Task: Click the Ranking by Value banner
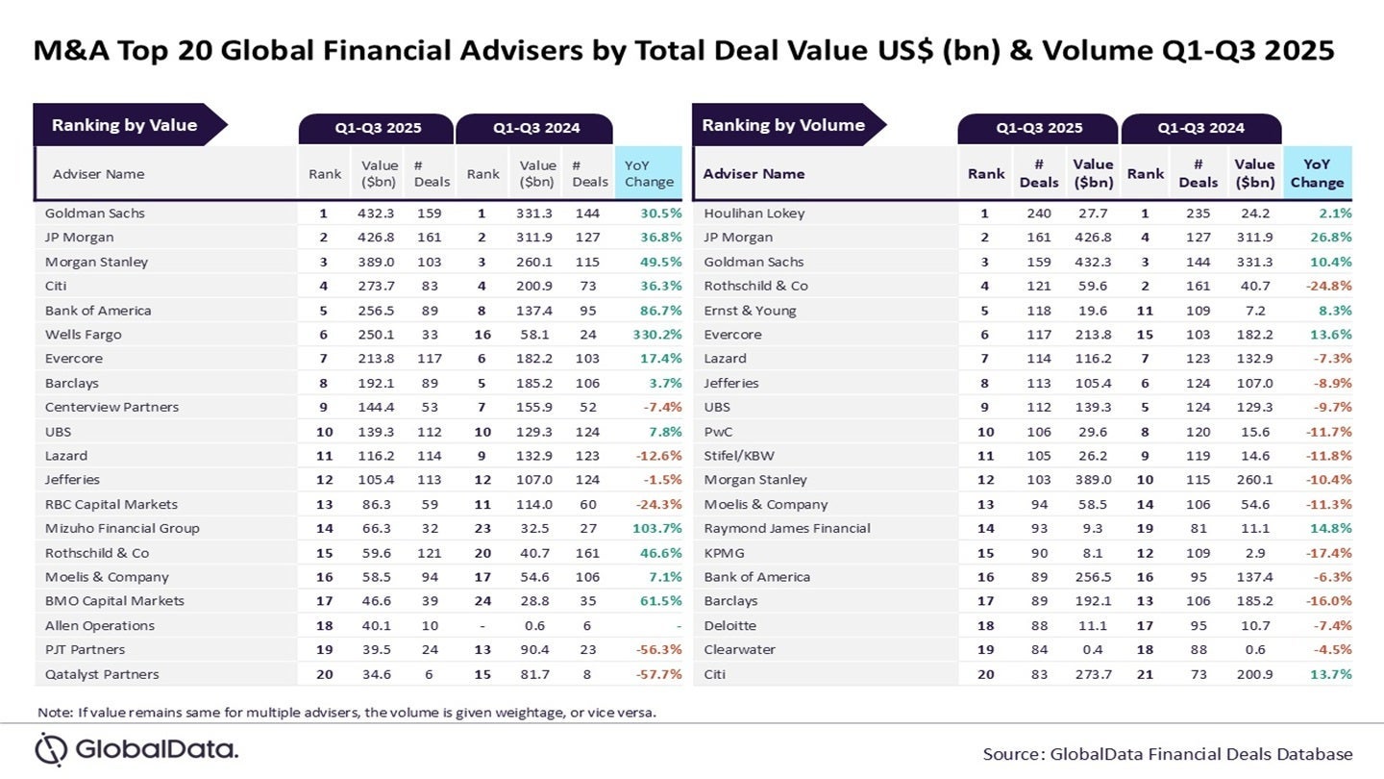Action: (x=124, y=125)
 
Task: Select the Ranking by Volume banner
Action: (x=783, y=125)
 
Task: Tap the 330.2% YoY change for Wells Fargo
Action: (x=654, y=335)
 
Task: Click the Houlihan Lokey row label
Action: (x=754, y=214)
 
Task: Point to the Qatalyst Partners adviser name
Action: (x=102, y=674)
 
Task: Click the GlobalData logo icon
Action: (x=52, y=749)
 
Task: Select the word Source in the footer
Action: (x=1012, y=754)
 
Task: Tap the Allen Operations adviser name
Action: (x=100, y=625)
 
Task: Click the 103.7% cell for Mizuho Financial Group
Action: (x=654, y=528)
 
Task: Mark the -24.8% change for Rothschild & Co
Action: (x=1328, y=286)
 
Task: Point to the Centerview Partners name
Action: (x=111, y=407)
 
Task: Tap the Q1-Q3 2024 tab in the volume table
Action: (x=1200, y=128)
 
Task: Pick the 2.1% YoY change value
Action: (x=1335, y=214)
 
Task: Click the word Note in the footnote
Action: (x=54, y=713)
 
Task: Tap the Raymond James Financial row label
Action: (x=786, y=528)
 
